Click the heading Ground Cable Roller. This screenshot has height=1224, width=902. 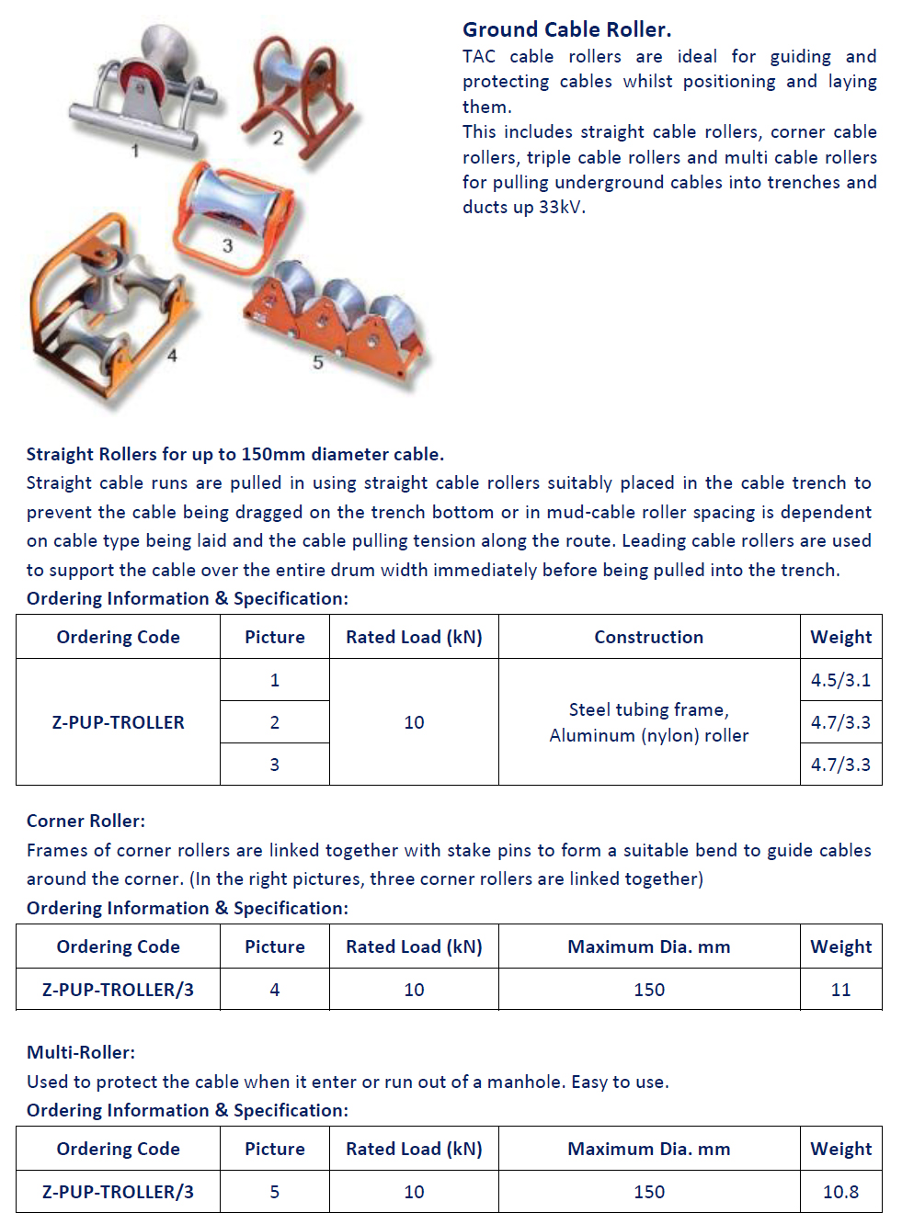(566, 29)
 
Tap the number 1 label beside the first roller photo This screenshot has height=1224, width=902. (135, 150)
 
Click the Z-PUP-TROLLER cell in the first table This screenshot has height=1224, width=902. (118, 722)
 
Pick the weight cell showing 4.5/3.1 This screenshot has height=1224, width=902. (840, 680)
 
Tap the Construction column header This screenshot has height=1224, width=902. (648, 637)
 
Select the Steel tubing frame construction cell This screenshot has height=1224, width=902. (648, 722)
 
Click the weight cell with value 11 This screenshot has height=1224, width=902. (840, 990)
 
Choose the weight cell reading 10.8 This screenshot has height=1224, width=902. (840, 1192)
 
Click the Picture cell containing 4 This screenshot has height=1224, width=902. (274, 990)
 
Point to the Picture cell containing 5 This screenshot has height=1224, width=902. (274, 1192)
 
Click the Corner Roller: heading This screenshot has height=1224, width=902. (86, 821)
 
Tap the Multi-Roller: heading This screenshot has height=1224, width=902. (81, 1052)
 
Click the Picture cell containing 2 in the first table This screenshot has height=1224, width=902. (274, 722)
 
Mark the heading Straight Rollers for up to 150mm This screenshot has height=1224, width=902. (234, 454)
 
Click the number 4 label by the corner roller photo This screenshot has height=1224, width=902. (172, 355)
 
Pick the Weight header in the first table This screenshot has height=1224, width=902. (840, 637)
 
